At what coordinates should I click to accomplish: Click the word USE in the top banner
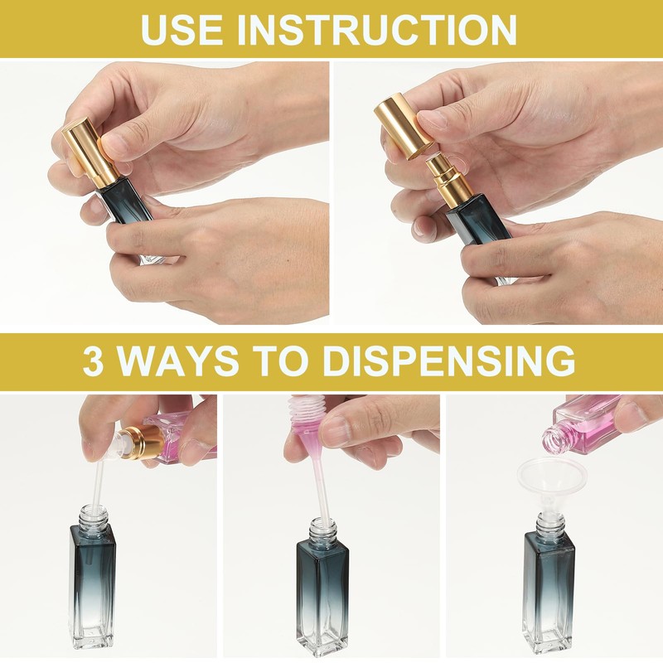point(181,29)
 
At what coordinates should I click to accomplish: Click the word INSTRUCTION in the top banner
point(377,29)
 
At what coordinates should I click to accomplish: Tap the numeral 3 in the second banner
point(93,361)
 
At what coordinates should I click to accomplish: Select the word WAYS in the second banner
point(177,361)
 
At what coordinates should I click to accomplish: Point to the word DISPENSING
point(451,361)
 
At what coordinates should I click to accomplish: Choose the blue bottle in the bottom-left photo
point(92,578)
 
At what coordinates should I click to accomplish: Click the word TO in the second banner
point(282,361)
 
